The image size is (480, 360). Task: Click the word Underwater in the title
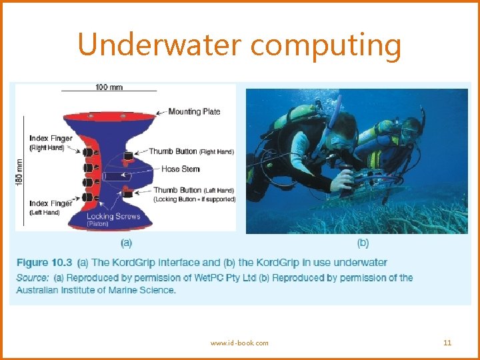(x=159, y=45)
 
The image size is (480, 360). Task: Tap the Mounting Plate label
(x=194, y=111)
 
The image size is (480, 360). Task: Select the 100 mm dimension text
(x=109, y=87)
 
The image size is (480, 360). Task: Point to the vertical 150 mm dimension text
(x=19, y=171)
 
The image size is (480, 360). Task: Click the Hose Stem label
(x=181, y=169)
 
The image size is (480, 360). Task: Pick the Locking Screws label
(x=113, y=217)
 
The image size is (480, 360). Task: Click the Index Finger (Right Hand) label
(x=51, y=143)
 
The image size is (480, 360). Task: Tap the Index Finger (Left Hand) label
(x=51, y=207)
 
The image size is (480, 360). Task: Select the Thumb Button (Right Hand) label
(x=191, y=151)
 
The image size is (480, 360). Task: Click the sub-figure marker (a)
(x=125, y=243)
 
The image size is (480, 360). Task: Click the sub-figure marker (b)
(x=363, y=243)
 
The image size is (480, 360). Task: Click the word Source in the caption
(x=31, y=277)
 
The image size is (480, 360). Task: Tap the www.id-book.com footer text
(x=239, y=343)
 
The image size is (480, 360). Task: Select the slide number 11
(x=447, y=343)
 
